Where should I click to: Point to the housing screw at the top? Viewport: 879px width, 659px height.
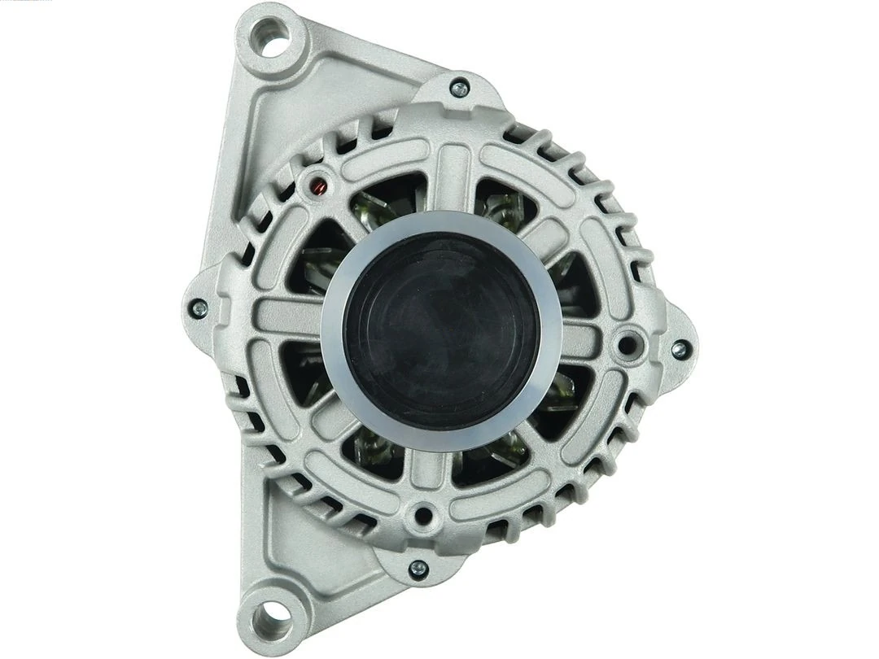[x=459, y=87]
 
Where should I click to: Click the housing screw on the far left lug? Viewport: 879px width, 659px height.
[x=198, y=308]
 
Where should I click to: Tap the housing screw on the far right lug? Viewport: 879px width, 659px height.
[x=678, y=350]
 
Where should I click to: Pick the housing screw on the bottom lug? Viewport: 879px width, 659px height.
[x=418, y=568]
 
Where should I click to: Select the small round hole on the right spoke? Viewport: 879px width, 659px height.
[x=626, y=345]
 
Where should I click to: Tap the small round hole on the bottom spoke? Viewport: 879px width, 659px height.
[x=422, y=513]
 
